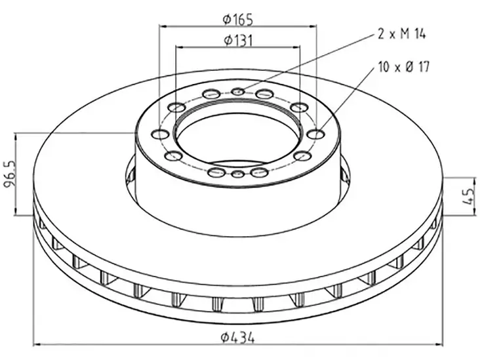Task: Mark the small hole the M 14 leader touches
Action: (238, 91)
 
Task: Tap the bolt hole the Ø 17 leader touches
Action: (316, 134)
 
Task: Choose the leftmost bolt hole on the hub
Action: (160, 134)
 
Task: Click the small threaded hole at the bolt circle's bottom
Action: (238, 174)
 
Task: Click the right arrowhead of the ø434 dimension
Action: (441, 344)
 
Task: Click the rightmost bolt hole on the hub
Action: (316, 134)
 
